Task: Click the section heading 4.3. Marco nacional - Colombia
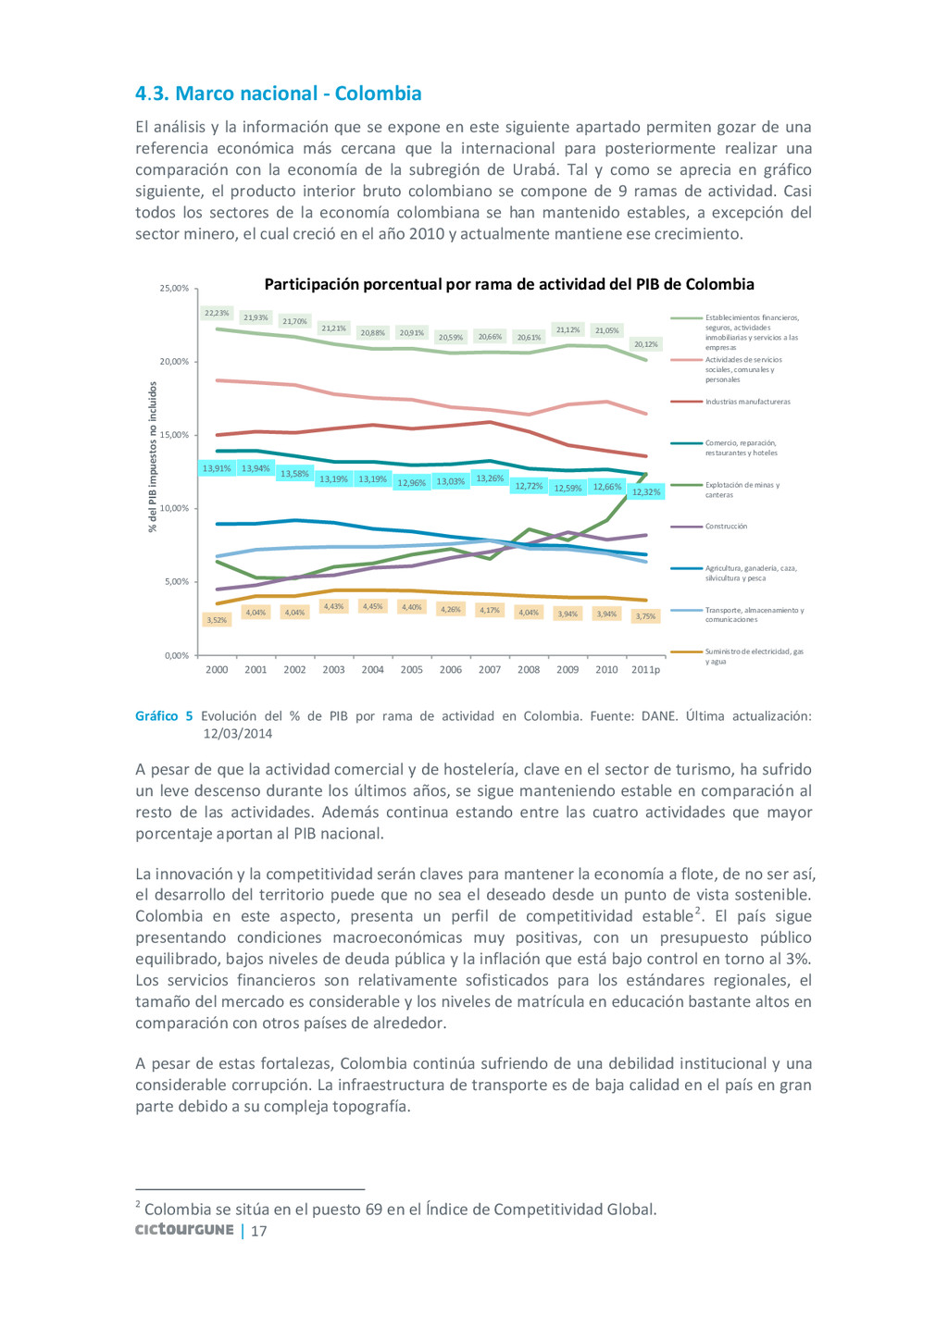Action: [278, 93]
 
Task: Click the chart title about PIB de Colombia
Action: [509, 284]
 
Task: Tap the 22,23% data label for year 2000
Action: [217, 313]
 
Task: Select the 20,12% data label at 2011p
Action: [645, 344]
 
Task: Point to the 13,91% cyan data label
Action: [217, 468]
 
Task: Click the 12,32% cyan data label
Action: [645, 491]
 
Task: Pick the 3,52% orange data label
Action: [217, 620]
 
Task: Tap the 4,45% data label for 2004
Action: [372, 607]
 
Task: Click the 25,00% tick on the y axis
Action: [174, 289]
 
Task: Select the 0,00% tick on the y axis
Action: [176, 655]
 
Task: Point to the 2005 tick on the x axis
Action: [411, 670]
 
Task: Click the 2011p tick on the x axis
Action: [645, 670]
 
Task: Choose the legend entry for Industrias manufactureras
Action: [747, 402]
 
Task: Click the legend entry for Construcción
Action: [726, 527]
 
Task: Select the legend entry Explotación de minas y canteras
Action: [742, 490]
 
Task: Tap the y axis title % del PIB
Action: [154, 458]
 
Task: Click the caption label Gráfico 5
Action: [164, 716]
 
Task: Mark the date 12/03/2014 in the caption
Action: [238, 734]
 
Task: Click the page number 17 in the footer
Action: [259, 1231]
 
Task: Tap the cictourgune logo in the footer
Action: [184, 1230]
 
